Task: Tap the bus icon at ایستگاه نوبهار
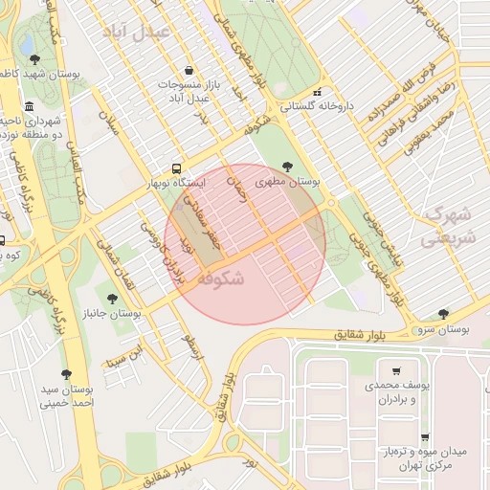click(x=175, y=166)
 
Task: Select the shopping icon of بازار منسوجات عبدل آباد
click(x=189, y=70)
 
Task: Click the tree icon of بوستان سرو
click(x=443, y=313)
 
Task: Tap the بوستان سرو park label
click(x=443, y=328)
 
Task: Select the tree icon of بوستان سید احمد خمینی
click(x=66, y=374)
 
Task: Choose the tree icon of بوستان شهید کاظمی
click(x=34, y=58)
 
